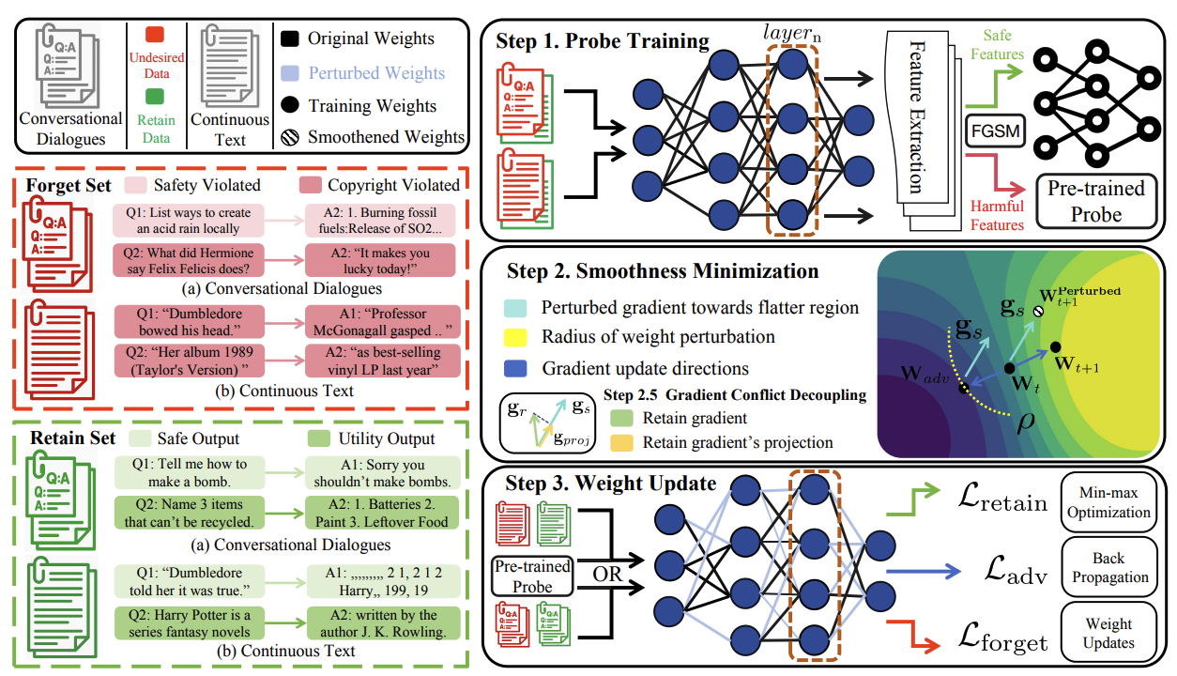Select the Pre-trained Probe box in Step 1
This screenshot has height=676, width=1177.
1095,200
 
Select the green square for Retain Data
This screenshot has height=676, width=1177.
156,96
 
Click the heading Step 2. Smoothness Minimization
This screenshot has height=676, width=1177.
663,271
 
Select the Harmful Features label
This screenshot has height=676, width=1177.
998,216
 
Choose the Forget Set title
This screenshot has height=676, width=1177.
70,185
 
